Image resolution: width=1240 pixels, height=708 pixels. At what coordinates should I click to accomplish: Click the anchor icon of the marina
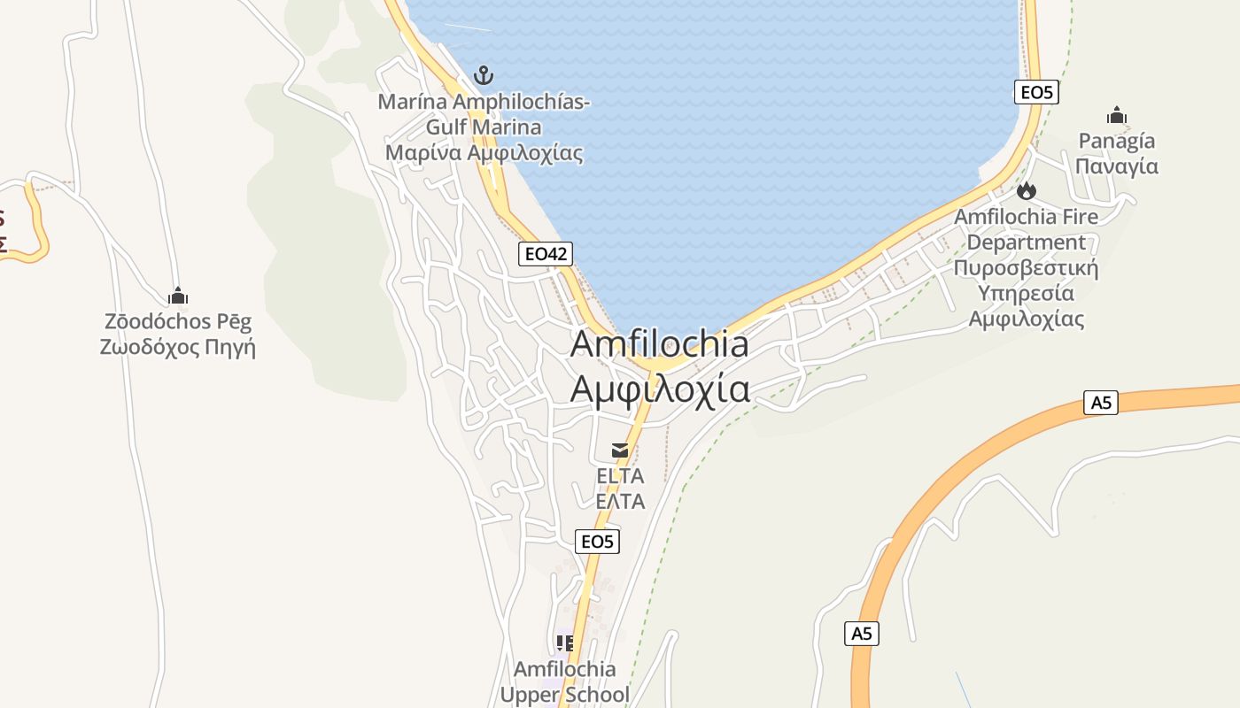pos(483,74)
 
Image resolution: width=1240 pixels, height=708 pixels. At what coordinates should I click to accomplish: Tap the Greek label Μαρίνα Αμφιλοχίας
pos(484,153)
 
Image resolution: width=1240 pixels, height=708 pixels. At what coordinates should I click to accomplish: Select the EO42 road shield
pos(545,255)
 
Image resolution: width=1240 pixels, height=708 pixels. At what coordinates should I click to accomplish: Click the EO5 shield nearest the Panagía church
pos(1036,92)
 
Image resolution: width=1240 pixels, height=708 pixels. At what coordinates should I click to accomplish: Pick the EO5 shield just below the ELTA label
pos(597,542)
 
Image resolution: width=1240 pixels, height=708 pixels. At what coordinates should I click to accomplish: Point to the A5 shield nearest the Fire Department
pos(1100,403)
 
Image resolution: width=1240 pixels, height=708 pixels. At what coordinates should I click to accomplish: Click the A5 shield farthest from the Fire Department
pos(861,633)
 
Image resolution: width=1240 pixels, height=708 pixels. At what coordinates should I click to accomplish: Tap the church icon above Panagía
pos(1116,115)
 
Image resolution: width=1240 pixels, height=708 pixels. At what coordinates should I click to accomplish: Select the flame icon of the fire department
pos(1026,190)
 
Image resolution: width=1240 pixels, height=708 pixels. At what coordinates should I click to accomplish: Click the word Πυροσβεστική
pos(1026,268)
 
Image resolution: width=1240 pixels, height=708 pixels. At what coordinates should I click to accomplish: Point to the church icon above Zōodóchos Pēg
pos(178,296)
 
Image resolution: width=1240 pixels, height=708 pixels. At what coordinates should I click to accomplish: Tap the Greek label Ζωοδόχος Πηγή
pos(177,347)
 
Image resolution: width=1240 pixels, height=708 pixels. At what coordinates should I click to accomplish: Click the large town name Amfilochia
pos(659,343)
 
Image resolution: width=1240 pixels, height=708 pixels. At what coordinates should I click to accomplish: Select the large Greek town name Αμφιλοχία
pos(659,389)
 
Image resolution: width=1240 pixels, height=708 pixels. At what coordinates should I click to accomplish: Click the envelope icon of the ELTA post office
pos(620,450)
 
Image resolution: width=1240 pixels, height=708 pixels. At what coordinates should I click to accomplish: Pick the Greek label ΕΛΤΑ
pos(620,502)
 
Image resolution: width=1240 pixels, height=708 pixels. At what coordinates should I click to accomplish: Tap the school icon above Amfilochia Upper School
pos(564,643)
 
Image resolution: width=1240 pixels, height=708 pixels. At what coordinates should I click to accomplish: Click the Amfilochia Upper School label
pos(565,681)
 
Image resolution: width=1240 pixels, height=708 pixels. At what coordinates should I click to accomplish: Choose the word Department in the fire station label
pos(1026,242)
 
